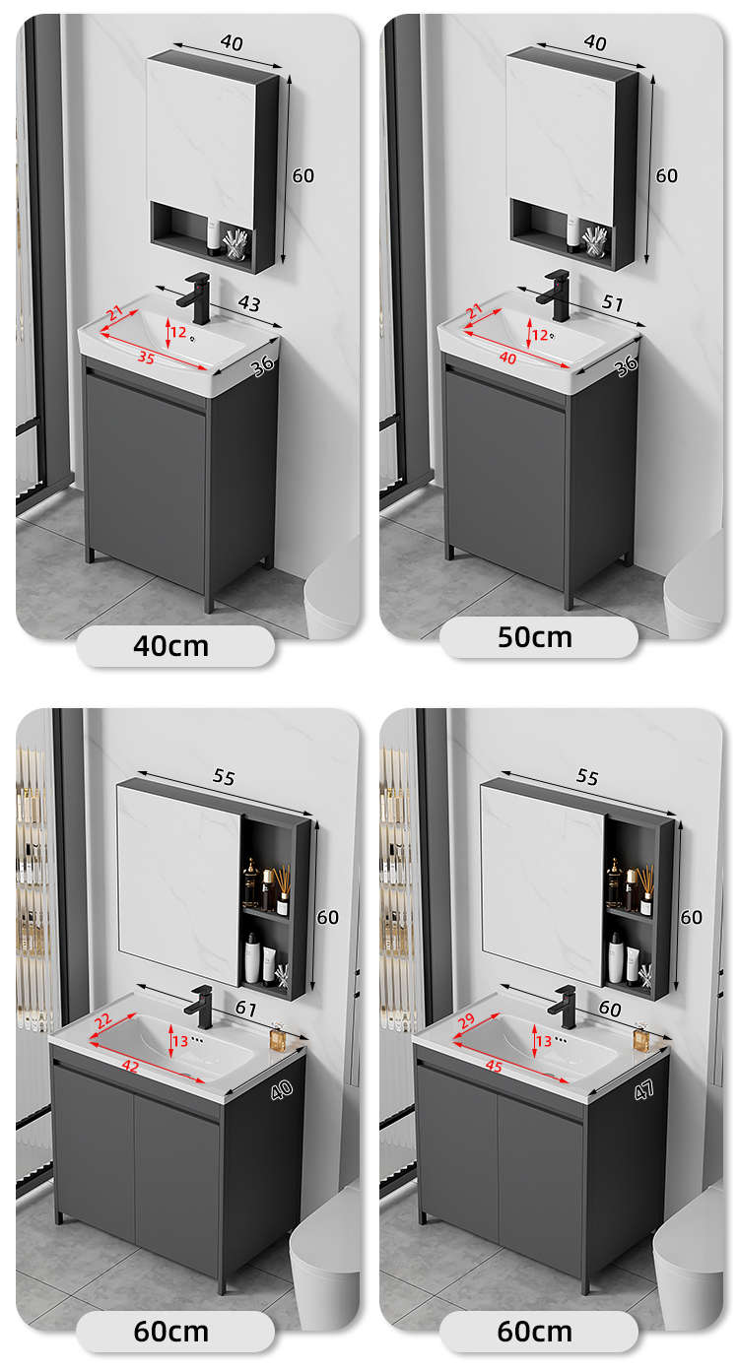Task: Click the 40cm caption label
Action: [x=170, y=646]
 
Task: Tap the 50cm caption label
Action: [x=534, y=637]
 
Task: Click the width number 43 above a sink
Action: [x=249, y=303]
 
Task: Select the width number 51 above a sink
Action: [x=612, y=302]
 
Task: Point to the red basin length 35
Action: [x=146, y=357]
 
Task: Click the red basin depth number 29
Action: [x=466, y=1020]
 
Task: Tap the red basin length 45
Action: [x=494, y=1066]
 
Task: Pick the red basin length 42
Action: [x=130, y=1066]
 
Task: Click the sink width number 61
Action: [x=245, y=1008]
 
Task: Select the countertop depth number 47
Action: [x=644, y=1090]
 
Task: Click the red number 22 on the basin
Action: [x=102, y=1020]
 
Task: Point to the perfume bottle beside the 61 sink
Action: [x=277, y=1036]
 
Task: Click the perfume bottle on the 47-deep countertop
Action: [x=640, y=1036]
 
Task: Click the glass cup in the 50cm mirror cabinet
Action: [x=594, y=241]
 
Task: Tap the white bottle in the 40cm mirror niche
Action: [x=213, y=237]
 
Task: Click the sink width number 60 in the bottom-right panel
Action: [x=610, y=1008]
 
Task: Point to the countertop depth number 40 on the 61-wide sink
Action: [x=281, y=1090]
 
